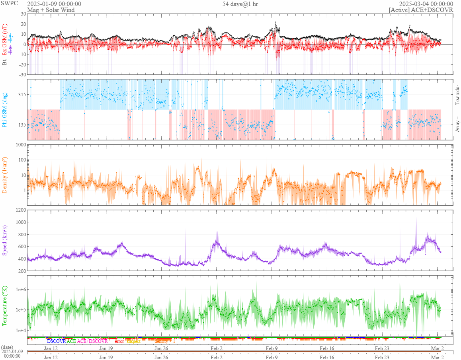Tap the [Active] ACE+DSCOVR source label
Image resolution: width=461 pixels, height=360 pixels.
click(x=421, y=10)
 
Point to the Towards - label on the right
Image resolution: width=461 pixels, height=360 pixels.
click(x=457, y=95)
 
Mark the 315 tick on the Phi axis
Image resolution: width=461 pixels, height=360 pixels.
click(x=21, y=95)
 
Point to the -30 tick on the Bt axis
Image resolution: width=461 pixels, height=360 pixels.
click(x=21, y=74)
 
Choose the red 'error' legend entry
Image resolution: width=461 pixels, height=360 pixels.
click(x=119, y=341)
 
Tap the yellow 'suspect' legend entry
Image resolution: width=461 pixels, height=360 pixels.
click(x=133, y=341)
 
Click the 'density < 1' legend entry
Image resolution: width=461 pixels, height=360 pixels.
click(x=165, y=341)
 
